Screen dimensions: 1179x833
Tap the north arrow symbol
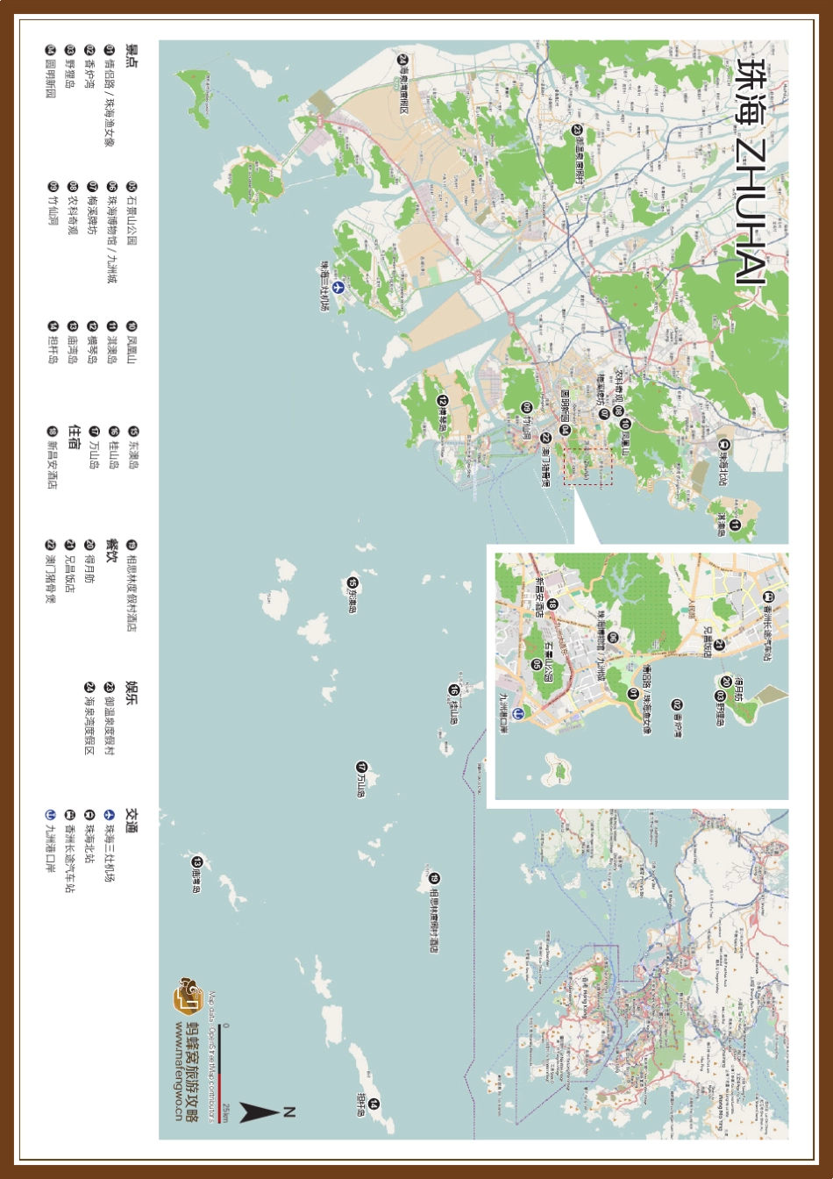click(x=257, y=1113)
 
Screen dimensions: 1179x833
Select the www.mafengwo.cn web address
click(x=179, y=1070)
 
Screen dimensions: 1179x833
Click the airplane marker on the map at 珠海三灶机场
click(x=338, y=287)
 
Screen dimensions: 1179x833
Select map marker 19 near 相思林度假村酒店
click(x=434, y=878)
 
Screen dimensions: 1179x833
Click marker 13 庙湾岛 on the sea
click(x=197, y=862)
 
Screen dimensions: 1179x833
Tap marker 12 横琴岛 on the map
click(x=443, y=401)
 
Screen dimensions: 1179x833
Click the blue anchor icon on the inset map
click(x=518, y=713)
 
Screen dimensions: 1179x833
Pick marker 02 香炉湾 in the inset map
click(x=677, y=704)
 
